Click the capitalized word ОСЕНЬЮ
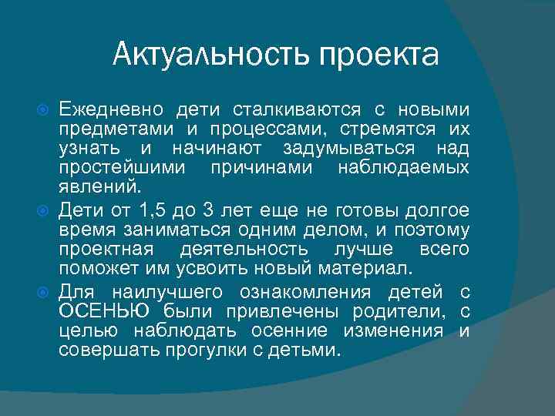pos(106,310)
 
